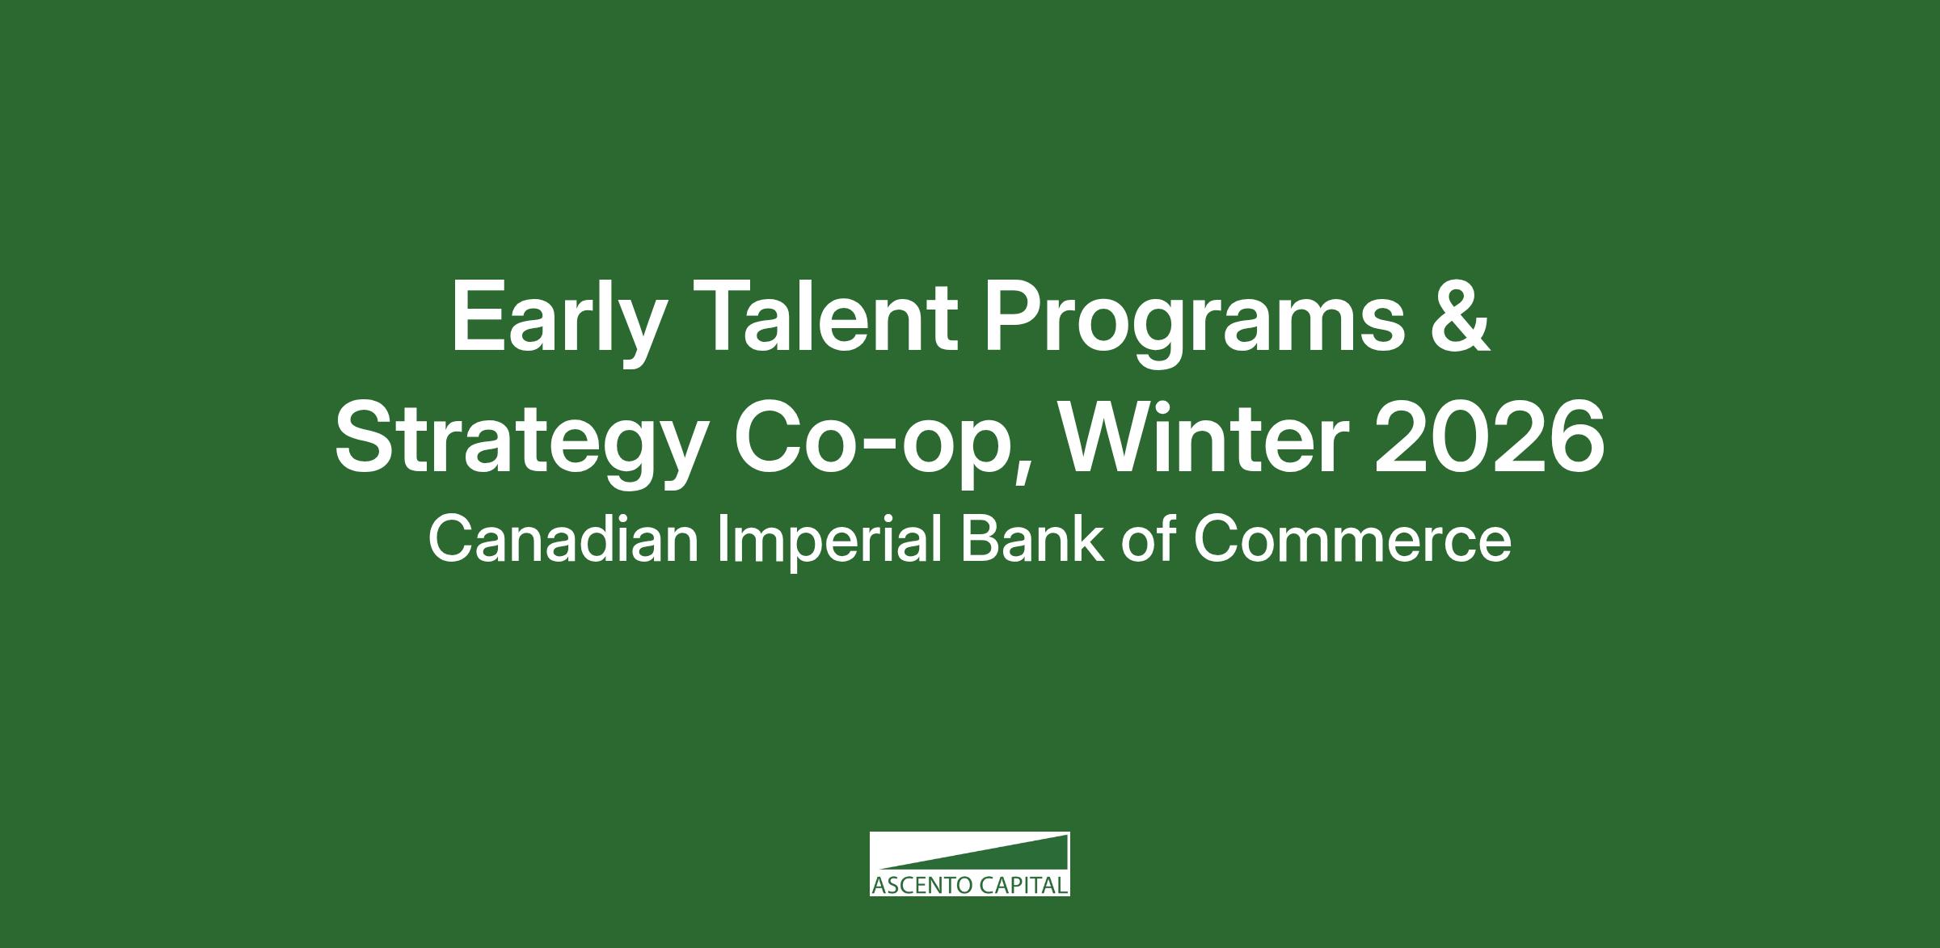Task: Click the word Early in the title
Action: (x=558, y=323)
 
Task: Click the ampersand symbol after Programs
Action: (x=1458, y=316)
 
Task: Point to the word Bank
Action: (x=1031, y=540)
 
